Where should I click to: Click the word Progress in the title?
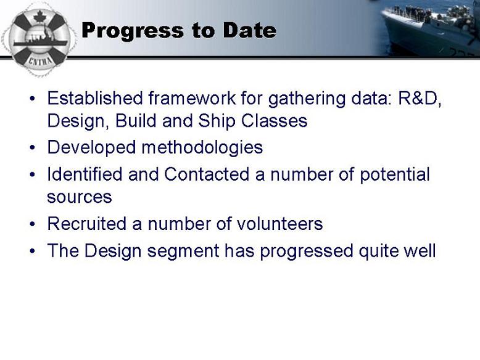[133, 31]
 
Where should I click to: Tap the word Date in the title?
[249, 30]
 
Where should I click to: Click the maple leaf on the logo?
[39, 17]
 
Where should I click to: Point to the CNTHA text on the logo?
[40, 60]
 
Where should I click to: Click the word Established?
[95, 98]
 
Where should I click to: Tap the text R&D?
[420, 99]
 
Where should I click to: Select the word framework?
[192, 98]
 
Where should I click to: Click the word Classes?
[274, 121]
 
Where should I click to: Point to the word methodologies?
[202, 148]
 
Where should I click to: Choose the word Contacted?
[207, 174]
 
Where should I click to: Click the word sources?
[80, 197]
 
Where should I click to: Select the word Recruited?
[86, 224]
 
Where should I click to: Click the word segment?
[183, 252]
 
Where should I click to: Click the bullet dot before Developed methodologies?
[33, 148]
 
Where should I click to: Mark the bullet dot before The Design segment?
[33, 251]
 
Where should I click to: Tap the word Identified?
[85, 174]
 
